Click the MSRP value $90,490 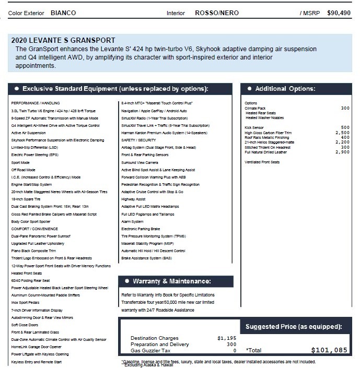pyautogui.click(x=339, y=12)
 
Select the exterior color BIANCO pyautogui.click(x=63, y=12)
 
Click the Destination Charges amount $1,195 pyautogui.click(x=227, y=338)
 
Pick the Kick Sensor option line pyautogui.click(x=254, y=127)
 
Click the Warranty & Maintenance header pyautogui.click(x=172, y=281)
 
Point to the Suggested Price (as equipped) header pyautogui.click(x=294, y=327)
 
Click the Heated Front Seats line pyautogui.click(x=27, y=273)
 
